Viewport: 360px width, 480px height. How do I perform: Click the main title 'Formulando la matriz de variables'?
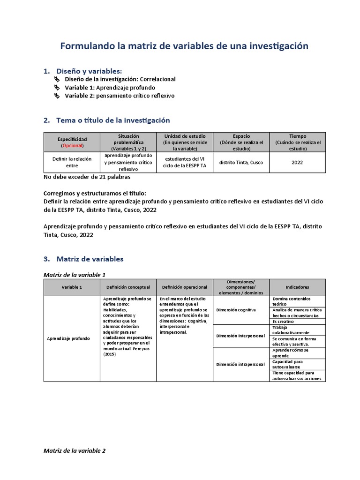184,46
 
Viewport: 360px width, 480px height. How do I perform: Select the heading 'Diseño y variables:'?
89,71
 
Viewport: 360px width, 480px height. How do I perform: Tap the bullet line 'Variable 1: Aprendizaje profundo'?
110,87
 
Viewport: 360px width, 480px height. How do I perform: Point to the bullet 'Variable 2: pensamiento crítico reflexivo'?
119,95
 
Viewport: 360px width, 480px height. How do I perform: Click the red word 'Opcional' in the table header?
72,145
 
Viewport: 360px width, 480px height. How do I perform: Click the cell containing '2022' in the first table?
297,163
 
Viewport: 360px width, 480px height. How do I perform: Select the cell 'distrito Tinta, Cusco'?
241,163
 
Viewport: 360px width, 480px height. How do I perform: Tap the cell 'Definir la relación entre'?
72,162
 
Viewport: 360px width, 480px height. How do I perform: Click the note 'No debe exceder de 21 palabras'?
87,177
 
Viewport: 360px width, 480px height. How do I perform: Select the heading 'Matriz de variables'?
90,258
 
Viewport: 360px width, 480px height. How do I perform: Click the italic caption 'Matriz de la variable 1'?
77,275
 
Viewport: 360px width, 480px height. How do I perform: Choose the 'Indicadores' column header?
297,287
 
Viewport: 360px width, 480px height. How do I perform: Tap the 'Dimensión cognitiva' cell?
236,310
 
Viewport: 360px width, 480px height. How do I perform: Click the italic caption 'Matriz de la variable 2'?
75,451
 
